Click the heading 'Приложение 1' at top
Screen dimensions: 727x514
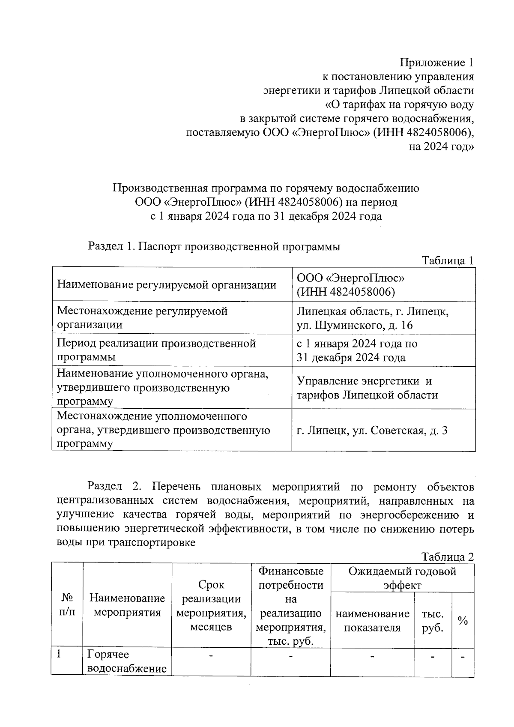click(x=437, y=63)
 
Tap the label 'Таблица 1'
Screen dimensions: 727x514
click(x=448, y=260)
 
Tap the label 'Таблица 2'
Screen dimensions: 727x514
click(x=448, y=557)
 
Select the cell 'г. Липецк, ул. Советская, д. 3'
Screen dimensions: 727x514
click(x=372, y=430)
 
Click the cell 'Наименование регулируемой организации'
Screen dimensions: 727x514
click(x=167, y=285)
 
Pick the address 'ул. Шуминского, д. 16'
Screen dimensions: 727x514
click(x=355, y=325)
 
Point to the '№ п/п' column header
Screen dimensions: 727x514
click(x=67, y=604)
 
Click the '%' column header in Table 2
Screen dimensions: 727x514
click(x=463, y=620)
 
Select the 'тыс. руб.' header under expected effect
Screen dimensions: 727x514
click(x=433, y=621)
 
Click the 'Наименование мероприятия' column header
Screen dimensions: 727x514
click(x=127, y=605)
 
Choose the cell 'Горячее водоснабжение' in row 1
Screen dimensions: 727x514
click(x=127, y=661)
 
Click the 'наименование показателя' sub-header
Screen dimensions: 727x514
click(x=372, y=621)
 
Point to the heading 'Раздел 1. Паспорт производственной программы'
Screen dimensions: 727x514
click(x=214, y=247)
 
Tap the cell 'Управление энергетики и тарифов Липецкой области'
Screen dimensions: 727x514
click(x=367, y=388)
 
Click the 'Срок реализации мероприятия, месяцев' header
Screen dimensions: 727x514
click(x=211, y=605)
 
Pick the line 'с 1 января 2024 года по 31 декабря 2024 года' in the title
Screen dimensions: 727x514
click(x=266, y=216)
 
